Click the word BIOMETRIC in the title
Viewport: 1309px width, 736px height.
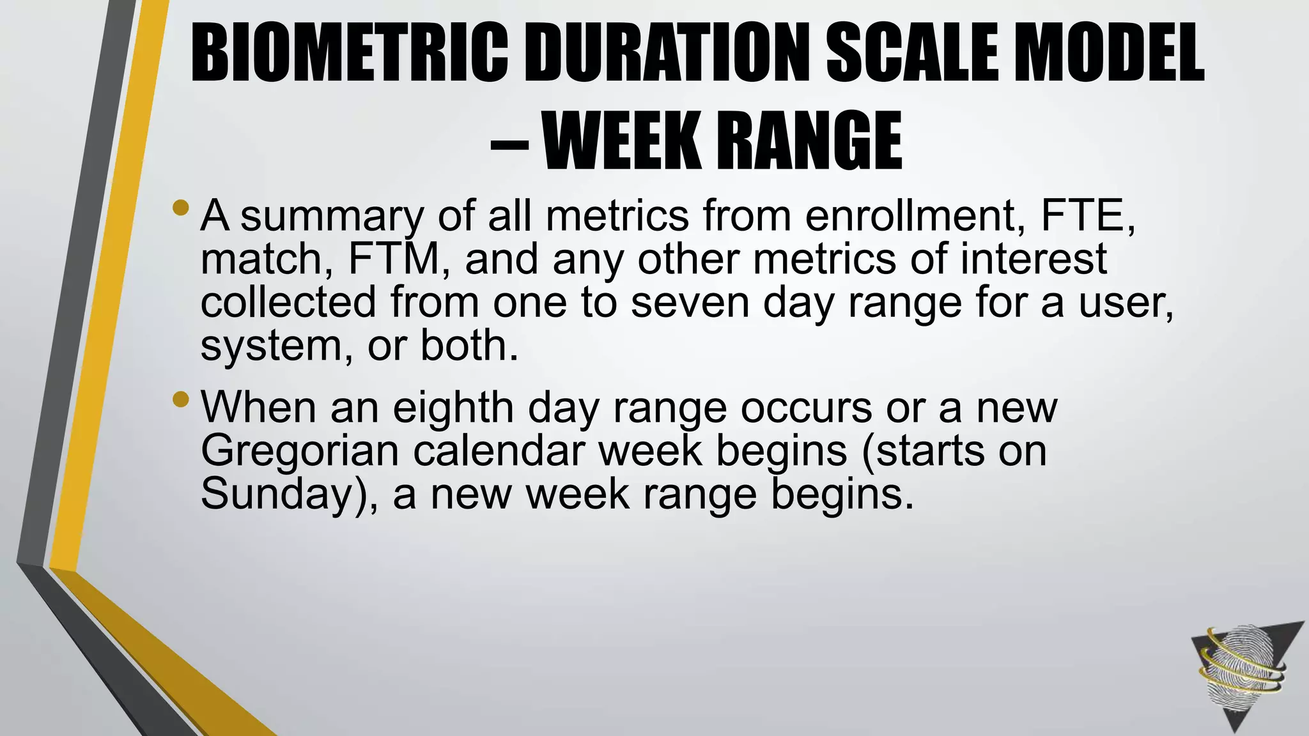pos(349,54)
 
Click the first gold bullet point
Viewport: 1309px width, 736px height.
pos(181,207)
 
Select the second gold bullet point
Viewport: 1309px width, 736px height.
pos(181,399)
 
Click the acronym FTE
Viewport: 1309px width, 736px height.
pos(1087,216)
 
